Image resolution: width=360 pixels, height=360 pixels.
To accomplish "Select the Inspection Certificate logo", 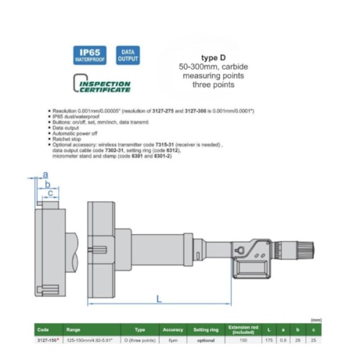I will click(x=103, y=83).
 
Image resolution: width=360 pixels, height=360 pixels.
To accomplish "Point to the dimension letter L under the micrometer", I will click(x=159, y=299).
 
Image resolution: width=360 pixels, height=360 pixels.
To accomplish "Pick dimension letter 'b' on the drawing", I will click(x=48, y=183).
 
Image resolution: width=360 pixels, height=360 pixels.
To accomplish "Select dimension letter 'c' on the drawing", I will click(x=51, y=193).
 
